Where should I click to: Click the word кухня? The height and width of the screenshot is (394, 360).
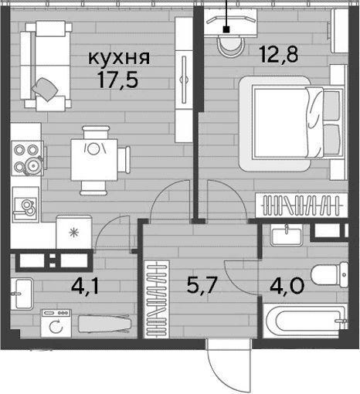click(119, 58)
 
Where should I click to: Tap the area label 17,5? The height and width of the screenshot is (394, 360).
click(117, 80)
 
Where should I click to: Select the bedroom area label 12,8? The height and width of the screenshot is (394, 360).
click(279, 54)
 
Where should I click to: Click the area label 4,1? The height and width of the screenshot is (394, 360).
click(85, 287)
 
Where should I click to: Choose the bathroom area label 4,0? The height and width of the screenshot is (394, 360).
click(287, 285)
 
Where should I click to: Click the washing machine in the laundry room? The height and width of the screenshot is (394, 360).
click(56, 323)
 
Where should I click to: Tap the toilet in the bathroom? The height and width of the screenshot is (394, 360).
click(330, 274)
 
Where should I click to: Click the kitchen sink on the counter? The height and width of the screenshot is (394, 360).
click(25, 205)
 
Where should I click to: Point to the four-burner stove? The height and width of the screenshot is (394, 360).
click(27, 158)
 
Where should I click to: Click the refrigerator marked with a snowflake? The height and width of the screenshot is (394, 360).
click(74, 233)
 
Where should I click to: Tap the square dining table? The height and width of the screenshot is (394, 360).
click(94, 160)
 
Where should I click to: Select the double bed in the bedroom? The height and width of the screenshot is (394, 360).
click(291, 124)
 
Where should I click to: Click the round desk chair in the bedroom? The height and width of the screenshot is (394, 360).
click(230, 46)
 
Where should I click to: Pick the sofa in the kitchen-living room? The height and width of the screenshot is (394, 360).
click(46, 66)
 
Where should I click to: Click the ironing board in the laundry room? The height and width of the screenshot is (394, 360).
click(105, 324)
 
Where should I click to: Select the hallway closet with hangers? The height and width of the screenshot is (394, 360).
click(157, 299)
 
